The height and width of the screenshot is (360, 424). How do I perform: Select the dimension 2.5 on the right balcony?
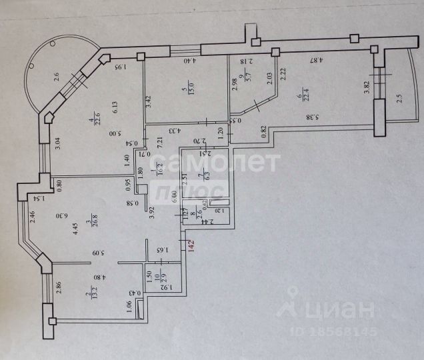tap(399, 99)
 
